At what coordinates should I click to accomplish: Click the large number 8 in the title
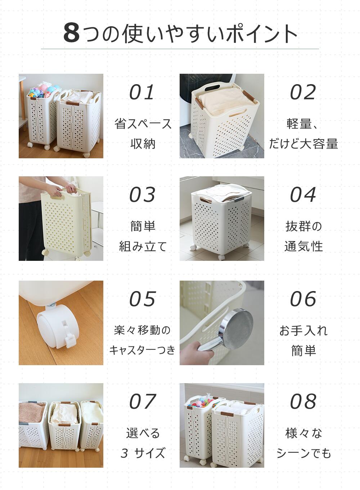click(x=72, y=33)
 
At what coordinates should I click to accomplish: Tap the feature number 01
click(x=142, y=92)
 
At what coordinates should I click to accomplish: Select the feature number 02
click(x=303, y=92)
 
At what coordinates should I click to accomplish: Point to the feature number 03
click(x=142, y=195)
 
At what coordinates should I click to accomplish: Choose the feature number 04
click(x=303, y=195)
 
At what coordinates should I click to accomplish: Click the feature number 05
click(x=143, y=299)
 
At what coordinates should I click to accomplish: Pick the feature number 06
click(x=303, y=299)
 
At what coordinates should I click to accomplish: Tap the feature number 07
click(x=143, y=401)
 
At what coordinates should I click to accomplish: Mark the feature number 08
click(x=303, y=401)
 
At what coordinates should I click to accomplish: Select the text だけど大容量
click(x=303, y=144)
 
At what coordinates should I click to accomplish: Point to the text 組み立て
click(x=143, y=246)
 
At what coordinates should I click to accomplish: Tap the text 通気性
click(x=303, y=246)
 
